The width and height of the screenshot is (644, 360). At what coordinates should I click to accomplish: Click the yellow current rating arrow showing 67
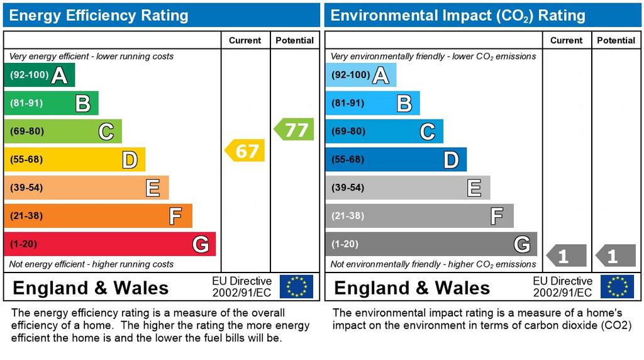click(245, 150)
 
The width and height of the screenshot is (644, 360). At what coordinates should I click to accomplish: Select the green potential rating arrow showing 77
click(294, 130)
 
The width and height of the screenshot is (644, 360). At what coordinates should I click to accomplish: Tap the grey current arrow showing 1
click(566, 256)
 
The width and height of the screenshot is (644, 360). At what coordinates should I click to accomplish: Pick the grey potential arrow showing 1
click(615, 256)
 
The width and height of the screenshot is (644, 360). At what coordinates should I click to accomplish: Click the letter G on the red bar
click(200, 244)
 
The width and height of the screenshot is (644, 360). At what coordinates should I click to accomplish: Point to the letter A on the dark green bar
click(59, 76)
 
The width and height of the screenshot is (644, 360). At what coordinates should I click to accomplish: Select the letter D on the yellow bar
click(130, 160)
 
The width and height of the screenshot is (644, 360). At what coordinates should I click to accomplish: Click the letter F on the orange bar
click(175, 216)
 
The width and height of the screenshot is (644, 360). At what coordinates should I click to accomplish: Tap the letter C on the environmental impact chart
click(427, 132)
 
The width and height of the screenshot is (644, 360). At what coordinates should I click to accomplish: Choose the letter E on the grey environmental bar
click(474, 188)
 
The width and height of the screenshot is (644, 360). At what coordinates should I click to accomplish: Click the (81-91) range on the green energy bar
click(26, 103)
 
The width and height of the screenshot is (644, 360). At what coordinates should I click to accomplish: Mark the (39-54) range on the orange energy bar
click(26, 188)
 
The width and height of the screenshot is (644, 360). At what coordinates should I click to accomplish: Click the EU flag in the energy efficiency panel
click(296, 287)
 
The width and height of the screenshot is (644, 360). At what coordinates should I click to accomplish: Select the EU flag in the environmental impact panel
click(617, 287)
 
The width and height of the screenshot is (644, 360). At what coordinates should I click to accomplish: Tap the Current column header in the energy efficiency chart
click(245, 40)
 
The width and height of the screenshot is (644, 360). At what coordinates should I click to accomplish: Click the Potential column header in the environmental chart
click(616, 40)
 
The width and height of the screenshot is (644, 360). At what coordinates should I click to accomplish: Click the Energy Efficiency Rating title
click(98, 15)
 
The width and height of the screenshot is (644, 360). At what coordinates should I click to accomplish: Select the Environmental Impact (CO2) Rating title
click(458, 15)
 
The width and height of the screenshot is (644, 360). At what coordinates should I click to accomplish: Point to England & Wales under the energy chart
click(91, 288)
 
